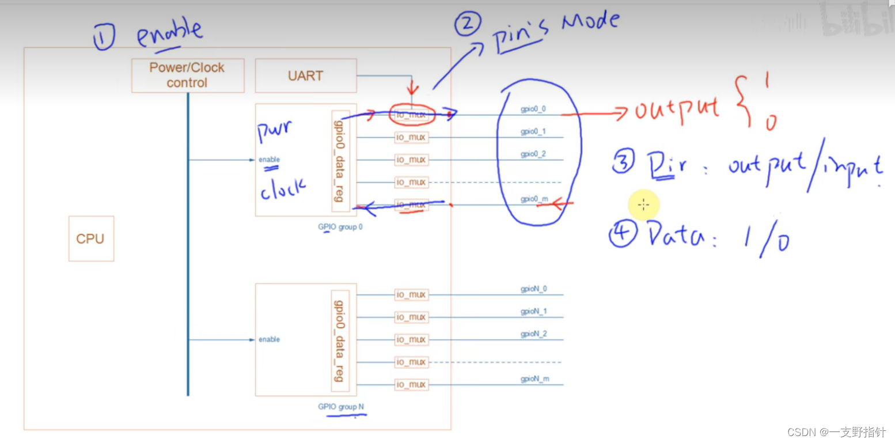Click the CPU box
pos(91,238)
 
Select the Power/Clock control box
pos(188,75)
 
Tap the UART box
pos(305,75)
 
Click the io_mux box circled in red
pos(410,115)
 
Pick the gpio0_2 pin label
pos(533,154)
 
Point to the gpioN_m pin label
pos(534,379)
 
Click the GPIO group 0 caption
pos(340,227)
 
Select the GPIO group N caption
pos(340,407)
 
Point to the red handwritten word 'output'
pos(677,109)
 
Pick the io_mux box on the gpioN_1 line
pos(411,317)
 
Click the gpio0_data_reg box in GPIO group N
pos(340,339)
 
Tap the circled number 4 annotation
pos(623,236)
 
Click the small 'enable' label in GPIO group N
pos(269,339)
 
